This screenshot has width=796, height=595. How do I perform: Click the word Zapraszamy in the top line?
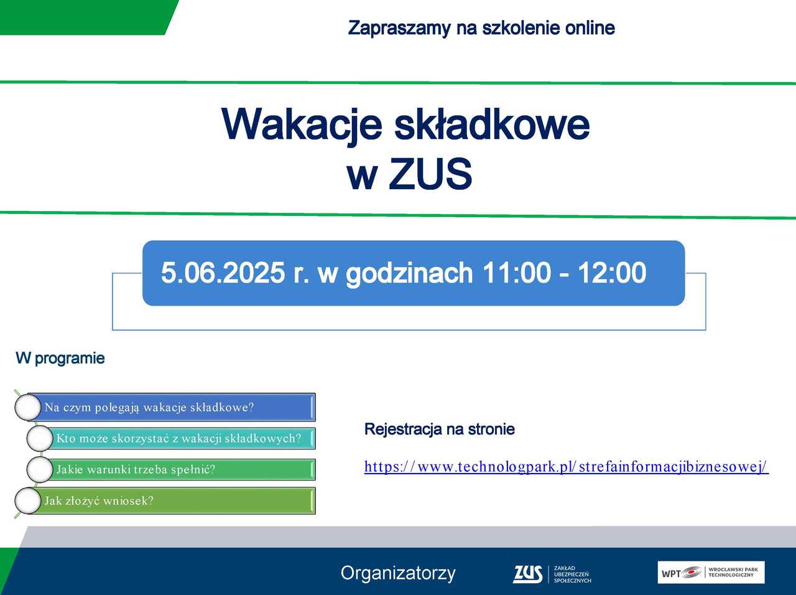[399, 28]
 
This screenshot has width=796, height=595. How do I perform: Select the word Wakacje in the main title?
[302, 126]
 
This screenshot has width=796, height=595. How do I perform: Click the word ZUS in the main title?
[430, 174]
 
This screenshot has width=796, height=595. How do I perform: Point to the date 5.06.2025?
[223, 273]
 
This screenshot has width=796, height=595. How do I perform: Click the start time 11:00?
[516, 273]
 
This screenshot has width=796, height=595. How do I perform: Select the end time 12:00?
[612, 273]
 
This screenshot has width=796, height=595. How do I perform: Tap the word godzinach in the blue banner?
[409, 273]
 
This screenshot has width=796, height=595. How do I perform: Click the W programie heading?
[60, 358]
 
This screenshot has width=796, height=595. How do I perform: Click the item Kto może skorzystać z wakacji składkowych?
[178, 438]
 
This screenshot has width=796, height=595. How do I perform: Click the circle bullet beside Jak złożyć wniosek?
[28, 500]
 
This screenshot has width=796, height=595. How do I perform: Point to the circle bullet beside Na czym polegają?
[28, 407]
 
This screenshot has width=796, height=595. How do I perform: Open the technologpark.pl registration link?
[566, 467]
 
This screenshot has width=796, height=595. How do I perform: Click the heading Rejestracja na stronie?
[440, 429]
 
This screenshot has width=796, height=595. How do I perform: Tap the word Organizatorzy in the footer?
[398, 574]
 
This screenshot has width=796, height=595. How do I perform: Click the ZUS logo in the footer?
[552, 574]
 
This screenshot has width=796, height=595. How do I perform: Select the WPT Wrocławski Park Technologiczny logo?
[711, 573]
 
